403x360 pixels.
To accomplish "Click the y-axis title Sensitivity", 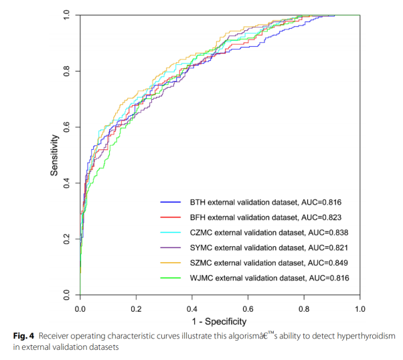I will pos(55,155).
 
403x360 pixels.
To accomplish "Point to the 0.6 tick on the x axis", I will pos(248,310).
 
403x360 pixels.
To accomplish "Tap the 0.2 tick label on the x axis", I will pos(136,310).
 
